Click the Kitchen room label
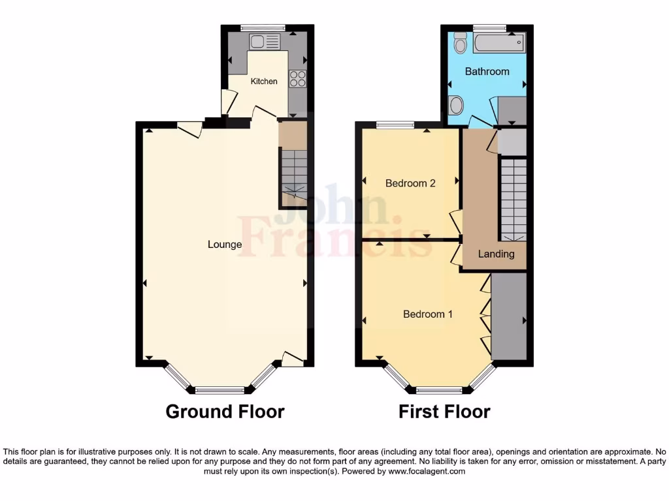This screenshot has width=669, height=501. pos(264,82)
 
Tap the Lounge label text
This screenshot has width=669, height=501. pos(225,245)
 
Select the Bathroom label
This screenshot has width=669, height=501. pos(487,71)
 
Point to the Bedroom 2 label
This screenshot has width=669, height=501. pos(410,183)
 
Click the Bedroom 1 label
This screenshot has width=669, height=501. pos(428,314)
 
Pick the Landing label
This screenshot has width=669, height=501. pos(496,254)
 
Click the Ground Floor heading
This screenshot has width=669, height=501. pos(225,412)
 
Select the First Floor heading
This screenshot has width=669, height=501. pos(444,412)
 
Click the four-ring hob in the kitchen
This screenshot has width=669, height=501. pos(297,78)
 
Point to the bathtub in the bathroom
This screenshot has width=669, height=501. pos(498,44)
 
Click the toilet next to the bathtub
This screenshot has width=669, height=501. pos(460,42)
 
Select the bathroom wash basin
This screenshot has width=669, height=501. pos(457,104)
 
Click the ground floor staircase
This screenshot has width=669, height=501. pos(293,173)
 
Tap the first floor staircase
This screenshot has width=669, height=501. pos(513,199)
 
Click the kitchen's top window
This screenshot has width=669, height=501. pos(263,27)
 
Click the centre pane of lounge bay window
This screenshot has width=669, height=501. pos(220,390)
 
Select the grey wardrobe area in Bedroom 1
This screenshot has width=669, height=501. pos(508,316)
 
